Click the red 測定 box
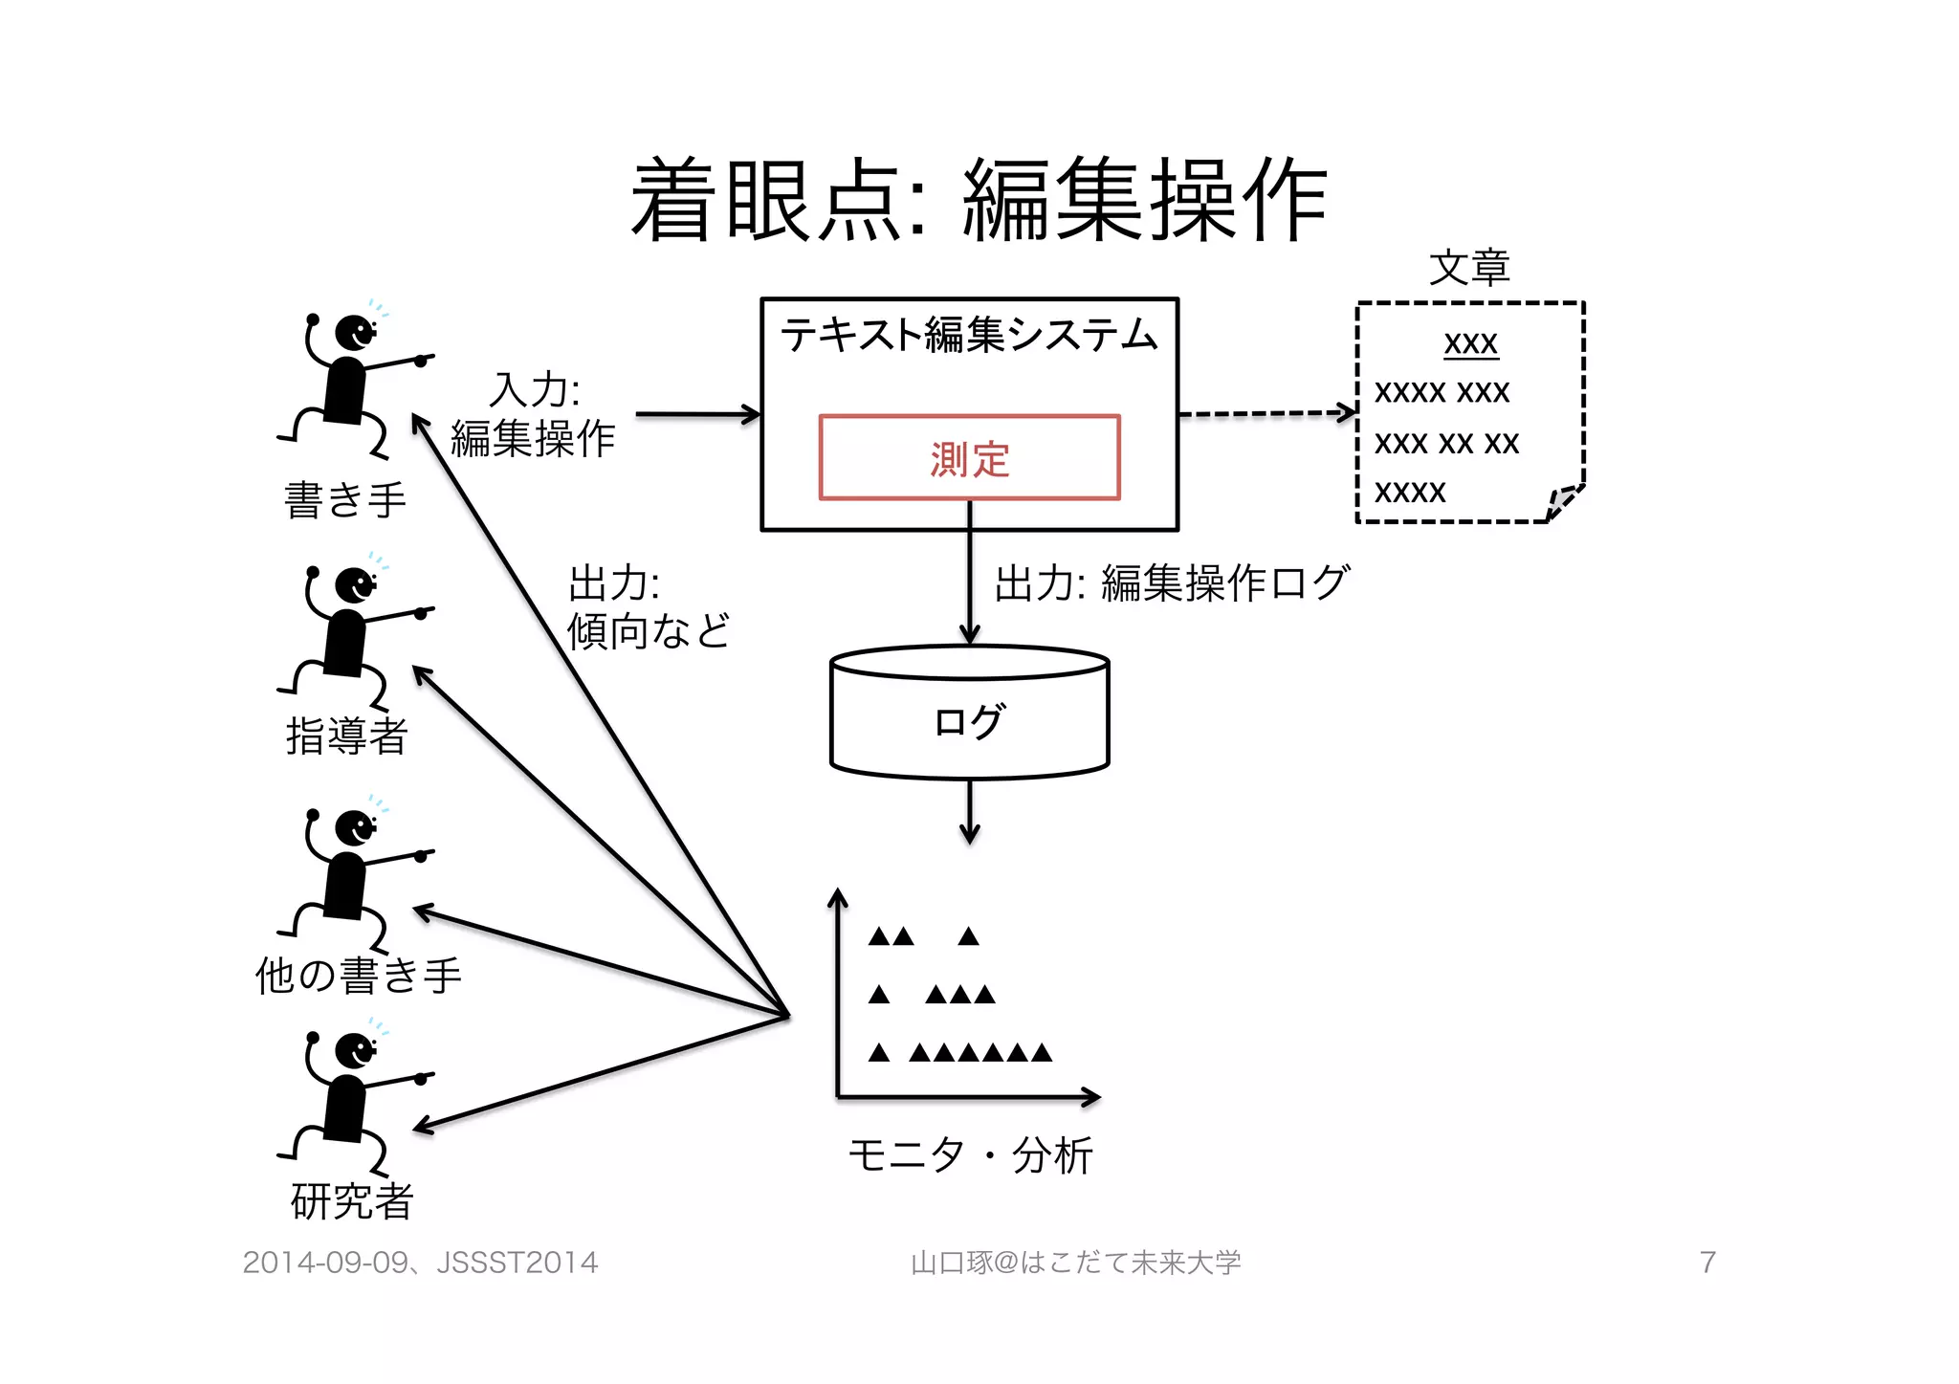click(969, 458)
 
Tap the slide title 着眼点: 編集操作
click(978, 200)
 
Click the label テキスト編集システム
click(969, 335)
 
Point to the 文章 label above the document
click(1469, 268)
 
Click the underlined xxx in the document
click(1470, 342)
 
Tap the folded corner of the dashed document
click(1562, 501)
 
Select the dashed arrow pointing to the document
click(1266, 413)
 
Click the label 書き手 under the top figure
click(345, 500)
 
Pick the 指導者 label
click(347, 736)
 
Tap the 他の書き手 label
click(358, 975)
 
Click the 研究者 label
click(351, 1201)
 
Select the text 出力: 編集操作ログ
click(1172, 582)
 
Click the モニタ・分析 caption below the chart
click(970, 1155)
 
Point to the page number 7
click(1707, 1263)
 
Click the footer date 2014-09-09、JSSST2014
click(420, 1263)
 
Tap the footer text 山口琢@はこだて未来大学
click(1075, 1263)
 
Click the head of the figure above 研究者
click(355, 1051)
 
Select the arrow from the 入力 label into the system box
click(697, 414)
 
